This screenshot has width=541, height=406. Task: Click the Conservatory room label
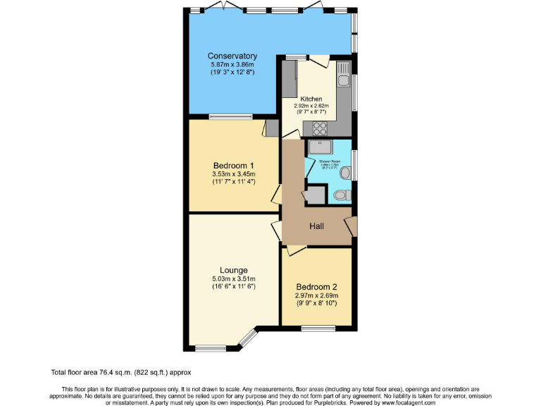[x=232, y=56]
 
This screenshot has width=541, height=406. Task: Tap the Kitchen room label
[x=311, y=99]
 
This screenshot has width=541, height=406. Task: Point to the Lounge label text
[x=233, y=270]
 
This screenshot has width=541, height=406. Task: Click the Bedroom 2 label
[x=316, y=287]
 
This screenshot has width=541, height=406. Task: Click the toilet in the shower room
[x=341, y=195]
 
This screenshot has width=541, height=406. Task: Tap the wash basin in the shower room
[x=345, y=172]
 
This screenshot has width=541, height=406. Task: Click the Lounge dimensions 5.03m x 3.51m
[x=233, y=279]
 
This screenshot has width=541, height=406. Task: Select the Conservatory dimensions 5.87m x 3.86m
[x=232, y=64]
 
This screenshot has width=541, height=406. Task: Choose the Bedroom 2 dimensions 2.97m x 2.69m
[x=316, y=296]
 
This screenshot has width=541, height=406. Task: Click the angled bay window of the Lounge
[x=248, y=338]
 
